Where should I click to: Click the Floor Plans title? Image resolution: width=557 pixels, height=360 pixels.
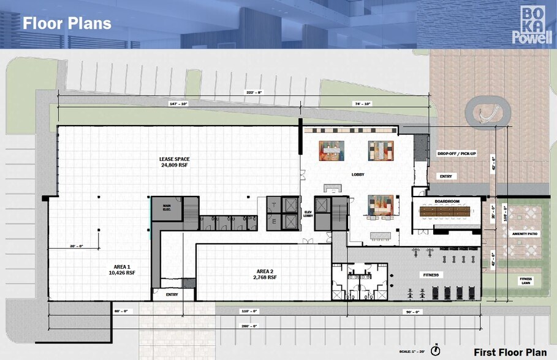click(x=67, y=23)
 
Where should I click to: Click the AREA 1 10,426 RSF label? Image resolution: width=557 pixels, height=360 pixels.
click(x=121, y=269)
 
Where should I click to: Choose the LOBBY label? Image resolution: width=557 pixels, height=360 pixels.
click(x=358, y=174)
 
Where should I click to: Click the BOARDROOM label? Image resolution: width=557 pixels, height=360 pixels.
click(x=447, y=201)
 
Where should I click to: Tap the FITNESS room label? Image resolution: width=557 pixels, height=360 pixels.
click(x=430, y=275)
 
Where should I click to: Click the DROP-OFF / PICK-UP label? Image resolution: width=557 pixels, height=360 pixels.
click(x=457, y=153)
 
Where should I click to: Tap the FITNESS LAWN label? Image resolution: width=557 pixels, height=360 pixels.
click(x=526, y=281)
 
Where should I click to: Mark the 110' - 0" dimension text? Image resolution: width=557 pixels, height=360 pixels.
click(x=249, y=311)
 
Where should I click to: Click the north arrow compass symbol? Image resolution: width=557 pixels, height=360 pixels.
click(x=435, y=350)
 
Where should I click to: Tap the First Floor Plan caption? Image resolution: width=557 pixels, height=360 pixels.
click(x=510, y=351)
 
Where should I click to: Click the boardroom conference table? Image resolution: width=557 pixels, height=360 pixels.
click(x=447, y=211)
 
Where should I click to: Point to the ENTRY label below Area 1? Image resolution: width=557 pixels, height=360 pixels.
click(x=172, y=294)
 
